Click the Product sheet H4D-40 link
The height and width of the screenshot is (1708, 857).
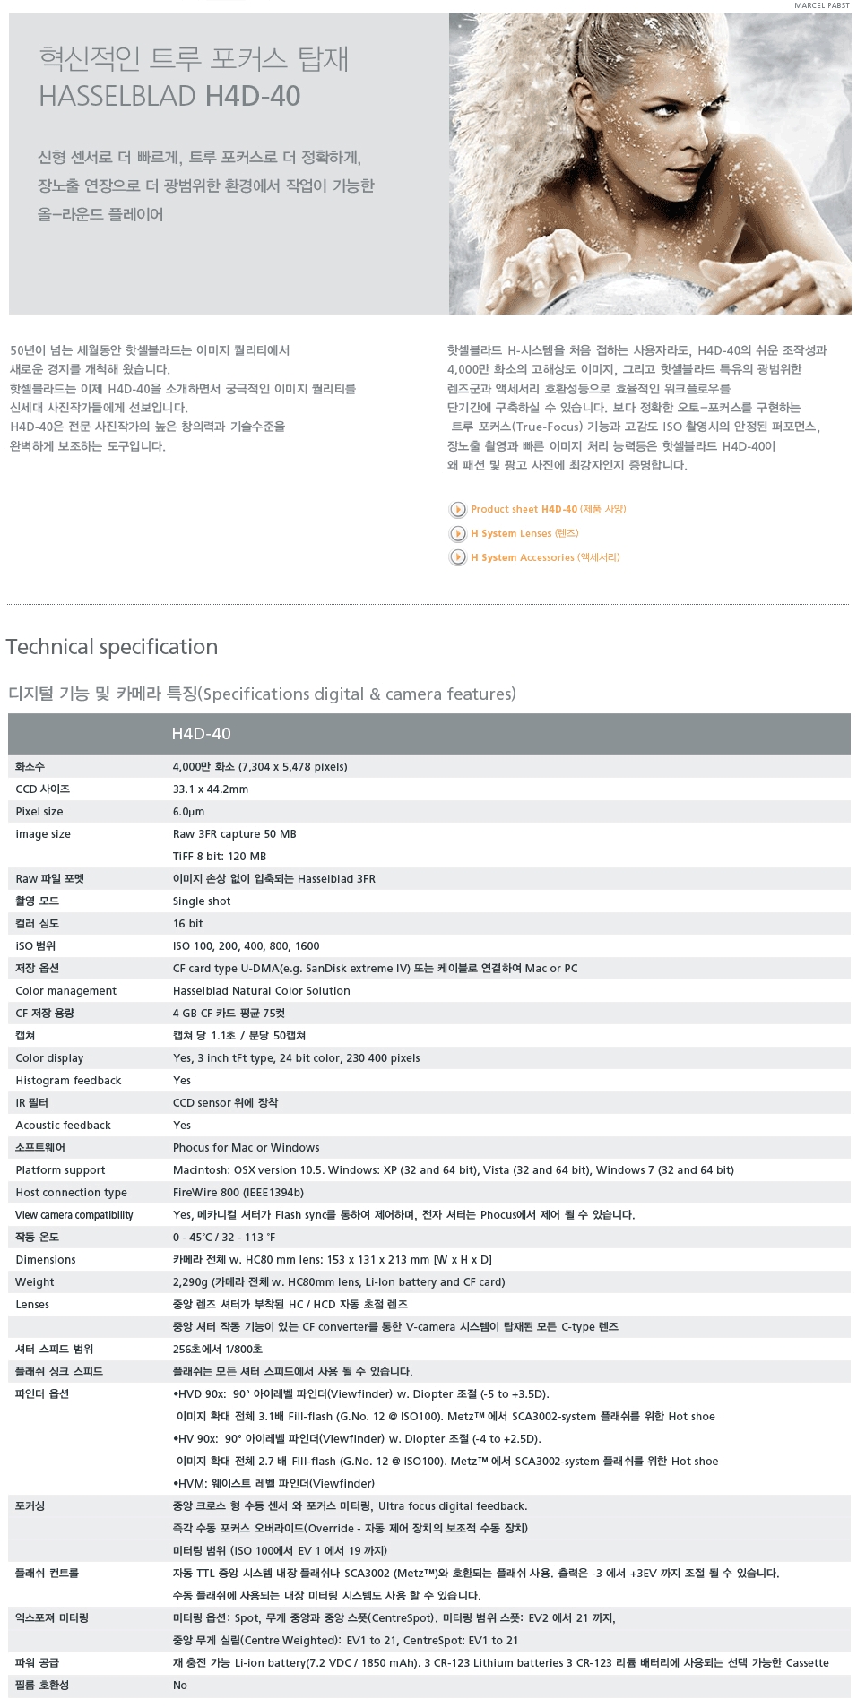548,509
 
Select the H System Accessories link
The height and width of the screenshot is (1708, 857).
545,557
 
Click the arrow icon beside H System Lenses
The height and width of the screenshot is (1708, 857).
458,534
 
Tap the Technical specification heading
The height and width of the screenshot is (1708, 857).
112,647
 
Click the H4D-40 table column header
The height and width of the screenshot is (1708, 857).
201,734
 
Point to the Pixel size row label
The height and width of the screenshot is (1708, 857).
39,812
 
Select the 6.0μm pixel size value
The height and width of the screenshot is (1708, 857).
188,812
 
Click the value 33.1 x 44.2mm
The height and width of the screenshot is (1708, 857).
210,789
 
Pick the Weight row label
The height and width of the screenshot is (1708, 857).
35,1282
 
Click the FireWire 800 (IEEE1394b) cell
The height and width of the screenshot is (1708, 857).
238,1193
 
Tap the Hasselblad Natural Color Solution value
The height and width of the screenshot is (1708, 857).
261,991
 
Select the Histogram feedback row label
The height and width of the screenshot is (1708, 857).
68,1081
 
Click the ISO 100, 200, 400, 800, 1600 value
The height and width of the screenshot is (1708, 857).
246,946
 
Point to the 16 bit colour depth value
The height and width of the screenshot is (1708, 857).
187,924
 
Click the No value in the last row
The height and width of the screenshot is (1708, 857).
180,1686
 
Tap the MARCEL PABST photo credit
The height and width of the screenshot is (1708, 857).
821,5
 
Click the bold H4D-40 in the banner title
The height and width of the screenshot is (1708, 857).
253,96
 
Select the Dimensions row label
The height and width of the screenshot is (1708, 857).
46,1260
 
